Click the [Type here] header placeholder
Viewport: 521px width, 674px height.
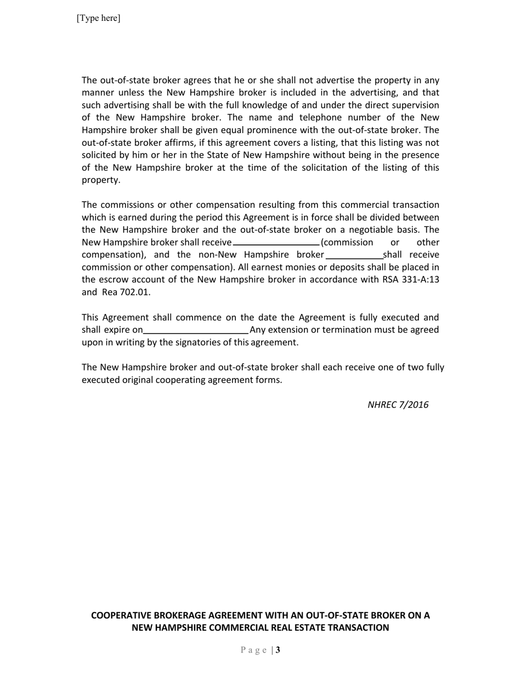tap(98, 18)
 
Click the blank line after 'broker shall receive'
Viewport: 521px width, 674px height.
tap(276, 243)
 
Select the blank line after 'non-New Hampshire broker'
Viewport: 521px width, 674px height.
tap(354, 255)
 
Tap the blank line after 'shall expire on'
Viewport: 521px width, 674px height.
tap(196, 330)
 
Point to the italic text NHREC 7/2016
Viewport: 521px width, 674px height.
tap(398, 405)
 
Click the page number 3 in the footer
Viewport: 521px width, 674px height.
tap(278, 650)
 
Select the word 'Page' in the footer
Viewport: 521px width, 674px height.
tap(254, 650)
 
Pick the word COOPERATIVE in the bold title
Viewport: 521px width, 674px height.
tap(122, 615)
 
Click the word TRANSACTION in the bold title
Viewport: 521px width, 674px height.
tap(358, 628)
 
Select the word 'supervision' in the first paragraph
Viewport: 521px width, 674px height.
tap(416, 105)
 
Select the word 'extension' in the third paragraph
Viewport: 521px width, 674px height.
tap(288, 330)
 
